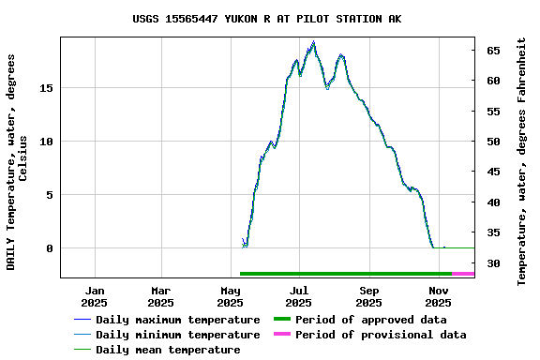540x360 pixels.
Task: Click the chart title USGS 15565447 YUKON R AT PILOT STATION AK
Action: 267,19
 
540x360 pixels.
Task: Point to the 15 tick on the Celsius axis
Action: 47,87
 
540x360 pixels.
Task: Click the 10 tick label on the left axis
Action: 47,142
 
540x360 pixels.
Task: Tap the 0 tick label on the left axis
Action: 51,248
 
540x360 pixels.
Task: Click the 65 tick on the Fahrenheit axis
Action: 492,51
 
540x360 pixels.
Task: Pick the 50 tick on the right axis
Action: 492,142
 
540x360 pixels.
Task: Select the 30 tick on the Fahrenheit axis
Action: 492,263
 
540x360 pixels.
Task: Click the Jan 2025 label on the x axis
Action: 94,296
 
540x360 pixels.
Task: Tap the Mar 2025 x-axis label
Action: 161,296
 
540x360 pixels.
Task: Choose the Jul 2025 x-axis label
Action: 299,296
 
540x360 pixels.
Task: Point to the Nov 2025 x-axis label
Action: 438,296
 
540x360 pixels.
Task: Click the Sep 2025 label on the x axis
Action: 368,296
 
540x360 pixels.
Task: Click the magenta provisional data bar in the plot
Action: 463,274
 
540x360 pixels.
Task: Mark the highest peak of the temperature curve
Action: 314,42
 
